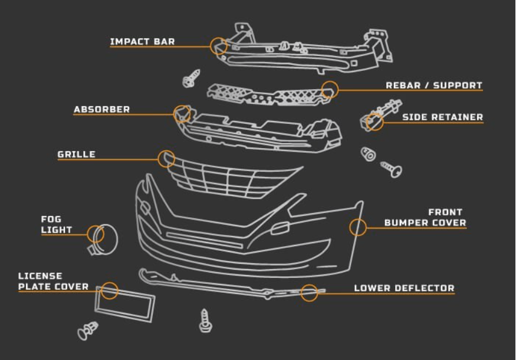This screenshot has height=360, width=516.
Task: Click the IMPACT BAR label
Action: [x=142, y=42]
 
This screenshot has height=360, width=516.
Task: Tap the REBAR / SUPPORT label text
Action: [x=434, y=86]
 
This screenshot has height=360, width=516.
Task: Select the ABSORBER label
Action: [x=101, y=110]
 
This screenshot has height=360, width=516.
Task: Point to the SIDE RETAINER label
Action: [x=442, y=117]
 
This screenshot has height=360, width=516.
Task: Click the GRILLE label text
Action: [x=76, y=155]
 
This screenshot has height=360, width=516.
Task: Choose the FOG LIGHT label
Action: [x=57, y=224]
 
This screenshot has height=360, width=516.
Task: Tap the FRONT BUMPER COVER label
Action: [x=425, y=217]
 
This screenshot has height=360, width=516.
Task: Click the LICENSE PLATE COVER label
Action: [x=53, y=282]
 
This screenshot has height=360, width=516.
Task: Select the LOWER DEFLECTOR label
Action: [x=404, y=289]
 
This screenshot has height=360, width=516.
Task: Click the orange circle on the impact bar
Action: [x=219, y=46]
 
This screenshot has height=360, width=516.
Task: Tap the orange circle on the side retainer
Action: [x=374, y=122]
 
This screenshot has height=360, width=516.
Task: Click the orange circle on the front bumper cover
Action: [x=358, y=227]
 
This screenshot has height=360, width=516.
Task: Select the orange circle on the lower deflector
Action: [x=310, y=292]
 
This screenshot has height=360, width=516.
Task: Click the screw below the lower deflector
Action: [x=205, y=321]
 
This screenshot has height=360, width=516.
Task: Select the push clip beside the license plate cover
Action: [x=87, y=330]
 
